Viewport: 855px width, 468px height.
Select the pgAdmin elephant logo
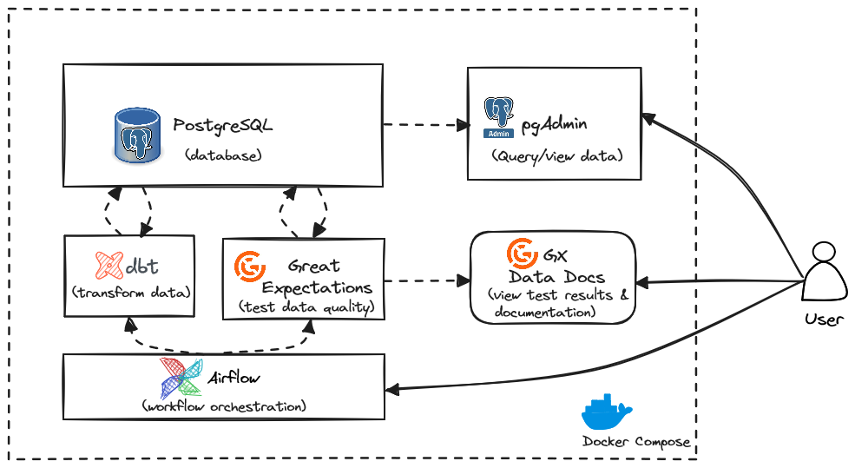click(x=499, y=118)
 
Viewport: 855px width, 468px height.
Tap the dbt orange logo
click(x=109, y=265)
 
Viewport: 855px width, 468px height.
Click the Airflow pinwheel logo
click(x=181, y=377)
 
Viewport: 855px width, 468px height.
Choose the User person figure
click(x=823, y=273)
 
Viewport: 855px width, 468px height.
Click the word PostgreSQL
click(x=222, y=125)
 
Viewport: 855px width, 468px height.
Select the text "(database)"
click(x=223, y=155)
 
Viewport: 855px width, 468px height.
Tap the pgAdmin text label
click(x=554, y=124)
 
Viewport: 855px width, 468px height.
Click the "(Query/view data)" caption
click(x=556, y=156)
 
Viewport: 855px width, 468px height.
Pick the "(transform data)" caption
click(x=130, y=291)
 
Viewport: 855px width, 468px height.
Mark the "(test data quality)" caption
click(x=306, y=307)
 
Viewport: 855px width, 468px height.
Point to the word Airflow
click(x=233, y=378)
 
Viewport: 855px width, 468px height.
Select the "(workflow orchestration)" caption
click(x=223, y=405)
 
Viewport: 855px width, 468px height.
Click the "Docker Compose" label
click(x=636, y=442)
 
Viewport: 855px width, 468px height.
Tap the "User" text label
click(x=823, y=319)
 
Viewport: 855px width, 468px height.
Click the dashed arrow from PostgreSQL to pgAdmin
click(x=425, y=125)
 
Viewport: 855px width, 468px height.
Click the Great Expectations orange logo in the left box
click(x=250, y=267)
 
